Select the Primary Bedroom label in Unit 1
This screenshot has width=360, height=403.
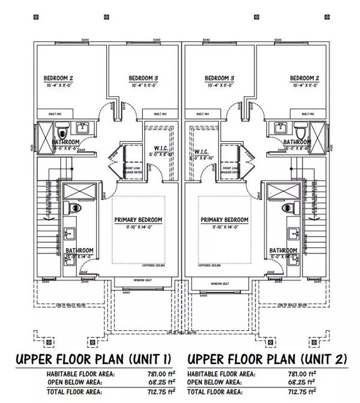139,220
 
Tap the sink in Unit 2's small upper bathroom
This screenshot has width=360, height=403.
280,127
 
